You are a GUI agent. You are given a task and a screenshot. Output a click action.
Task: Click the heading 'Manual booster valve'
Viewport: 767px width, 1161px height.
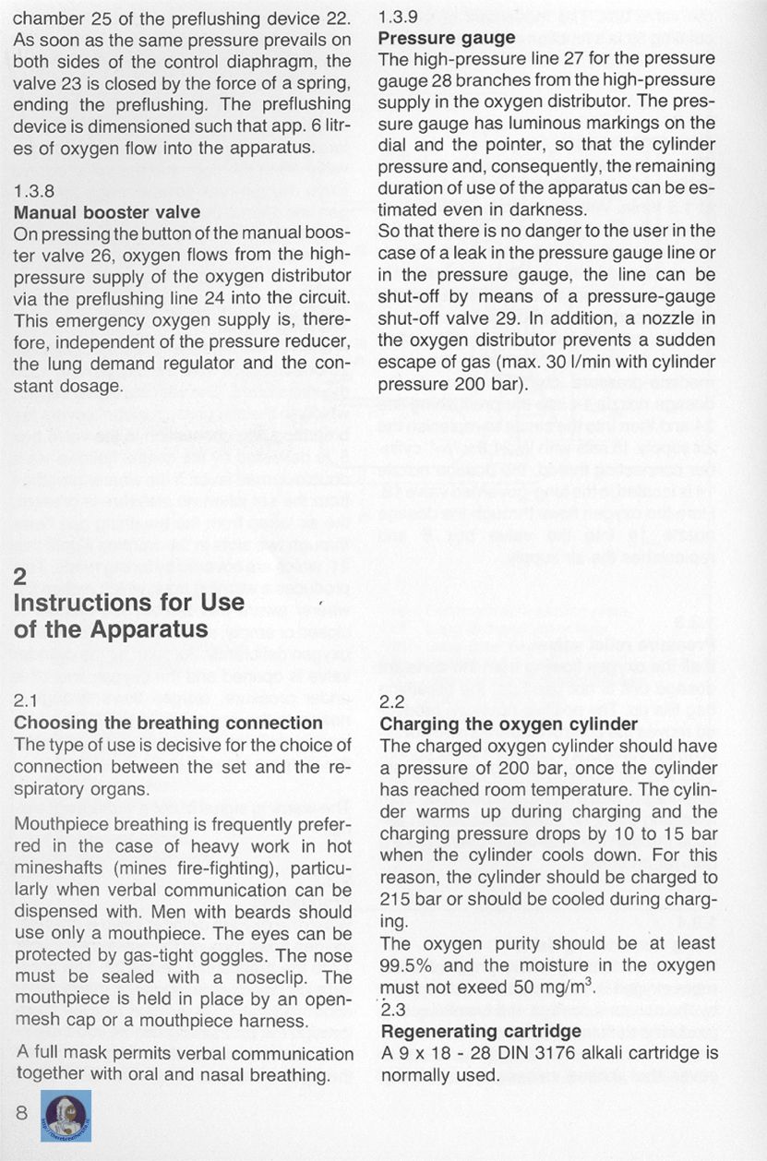point(107,212)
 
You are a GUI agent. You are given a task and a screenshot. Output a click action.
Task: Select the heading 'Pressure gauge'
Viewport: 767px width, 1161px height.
point(447,38)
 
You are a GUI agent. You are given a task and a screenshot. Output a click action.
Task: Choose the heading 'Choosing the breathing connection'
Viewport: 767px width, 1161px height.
point(168,723)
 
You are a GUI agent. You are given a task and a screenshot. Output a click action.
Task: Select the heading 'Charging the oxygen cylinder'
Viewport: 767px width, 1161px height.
point(509,724)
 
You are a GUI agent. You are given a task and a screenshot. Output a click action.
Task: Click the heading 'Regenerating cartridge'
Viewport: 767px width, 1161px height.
point(481,1031)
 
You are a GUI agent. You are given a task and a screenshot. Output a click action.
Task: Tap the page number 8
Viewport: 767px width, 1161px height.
point(22,1113)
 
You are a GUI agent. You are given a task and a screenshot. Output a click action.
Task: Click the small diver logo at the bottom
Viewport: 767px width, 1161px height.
point(65,1115)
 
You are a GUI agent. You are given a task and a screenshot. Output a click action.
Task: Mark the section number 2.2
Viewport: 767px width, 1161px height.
point(393,701)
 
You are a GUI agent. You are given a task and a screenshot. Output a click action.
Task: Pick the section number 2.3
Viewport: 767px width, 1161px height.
point(393,1009)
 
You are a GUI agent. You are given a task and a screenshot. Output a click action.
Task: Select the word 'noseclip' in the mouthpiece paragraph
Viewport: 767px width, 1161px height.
point(276,977)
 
